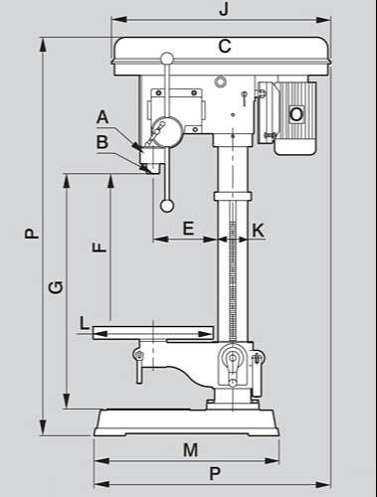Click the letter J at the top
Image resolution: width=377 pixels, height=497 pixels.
click(x=224, y=9)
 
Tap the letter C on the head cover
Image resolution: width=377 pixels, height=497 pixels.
click(x=225, y=46)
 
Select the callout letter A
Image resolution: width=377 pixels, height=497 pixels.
click(x=102, y=117)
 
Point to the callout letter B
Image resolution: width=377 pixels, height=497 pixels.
click(x=102, y=142)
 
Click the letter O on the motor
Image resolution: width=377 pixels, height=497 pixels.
click(x=296, y=114)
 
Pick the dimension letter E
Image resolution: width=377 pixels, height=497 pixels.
click(x=188, y=229)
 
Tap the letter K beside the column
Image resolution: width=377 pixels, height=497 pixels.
click(x=259, y=231)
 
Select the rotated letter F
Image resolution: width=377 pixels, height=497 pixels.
click(x=99, y=248)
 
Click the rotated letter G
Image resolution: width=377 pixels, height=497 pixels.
click(x=56, y=287)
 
